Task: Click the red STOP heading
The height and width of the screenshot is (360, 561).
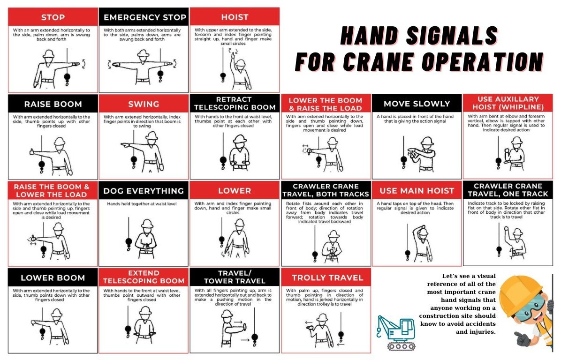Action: (53, 17)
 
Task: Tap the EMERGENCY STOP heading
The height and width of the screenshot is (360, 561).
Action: (144, 17)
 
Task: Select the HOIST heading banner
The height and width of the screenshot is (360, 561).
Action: (235, 17)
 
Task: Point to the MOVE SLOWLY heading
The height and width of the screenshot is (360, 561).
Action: (417, 104)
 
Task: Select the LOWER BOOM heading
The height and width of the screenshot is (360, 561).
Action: (53, 277)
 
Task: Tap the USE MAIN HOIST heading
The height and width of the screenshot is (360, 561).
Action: (417, 191)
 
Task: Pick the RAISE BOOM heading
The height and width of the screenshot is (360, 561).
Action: (53, 104)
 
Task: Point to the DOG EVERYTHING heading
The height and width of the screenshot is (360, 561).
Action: (144, 191)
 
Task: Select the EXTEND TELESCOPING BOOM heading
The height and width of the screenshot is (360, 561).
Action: (144, 277)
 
